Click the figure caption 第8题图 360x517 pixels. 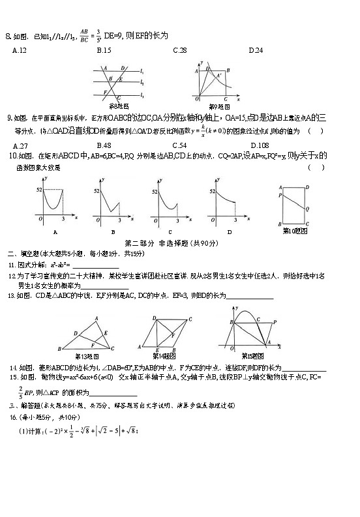[x=119, y=106]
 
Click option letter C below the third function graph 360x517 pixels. [x=170, y=232]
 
